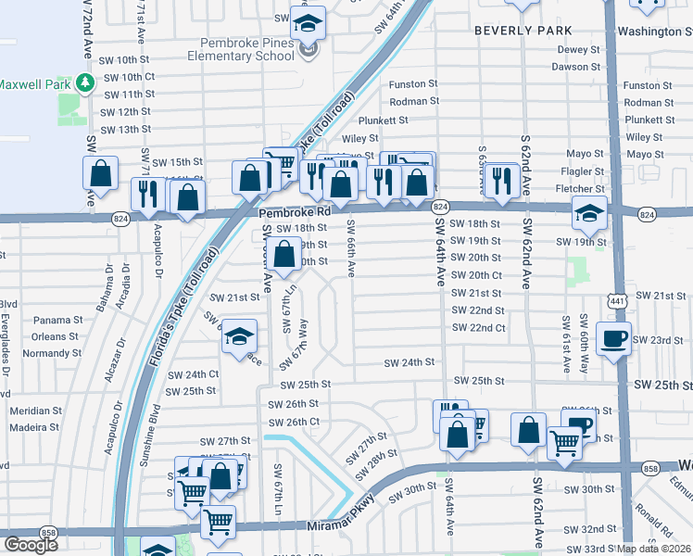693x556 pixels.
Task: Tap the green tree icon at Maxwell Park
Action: point(85,83)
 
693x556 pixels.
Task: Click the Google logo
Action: point(31,545)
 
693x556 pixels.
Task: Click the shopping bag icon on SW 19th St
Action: point(287,252)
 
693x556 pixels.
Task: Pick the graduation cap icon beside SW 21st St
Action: point(239,337)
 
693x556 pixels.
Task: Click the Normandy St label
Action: point(45,353)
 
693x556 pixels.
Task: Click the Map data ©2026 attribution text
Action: point(655,548)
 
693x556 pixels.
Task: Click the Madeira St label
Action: point(33,427)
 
